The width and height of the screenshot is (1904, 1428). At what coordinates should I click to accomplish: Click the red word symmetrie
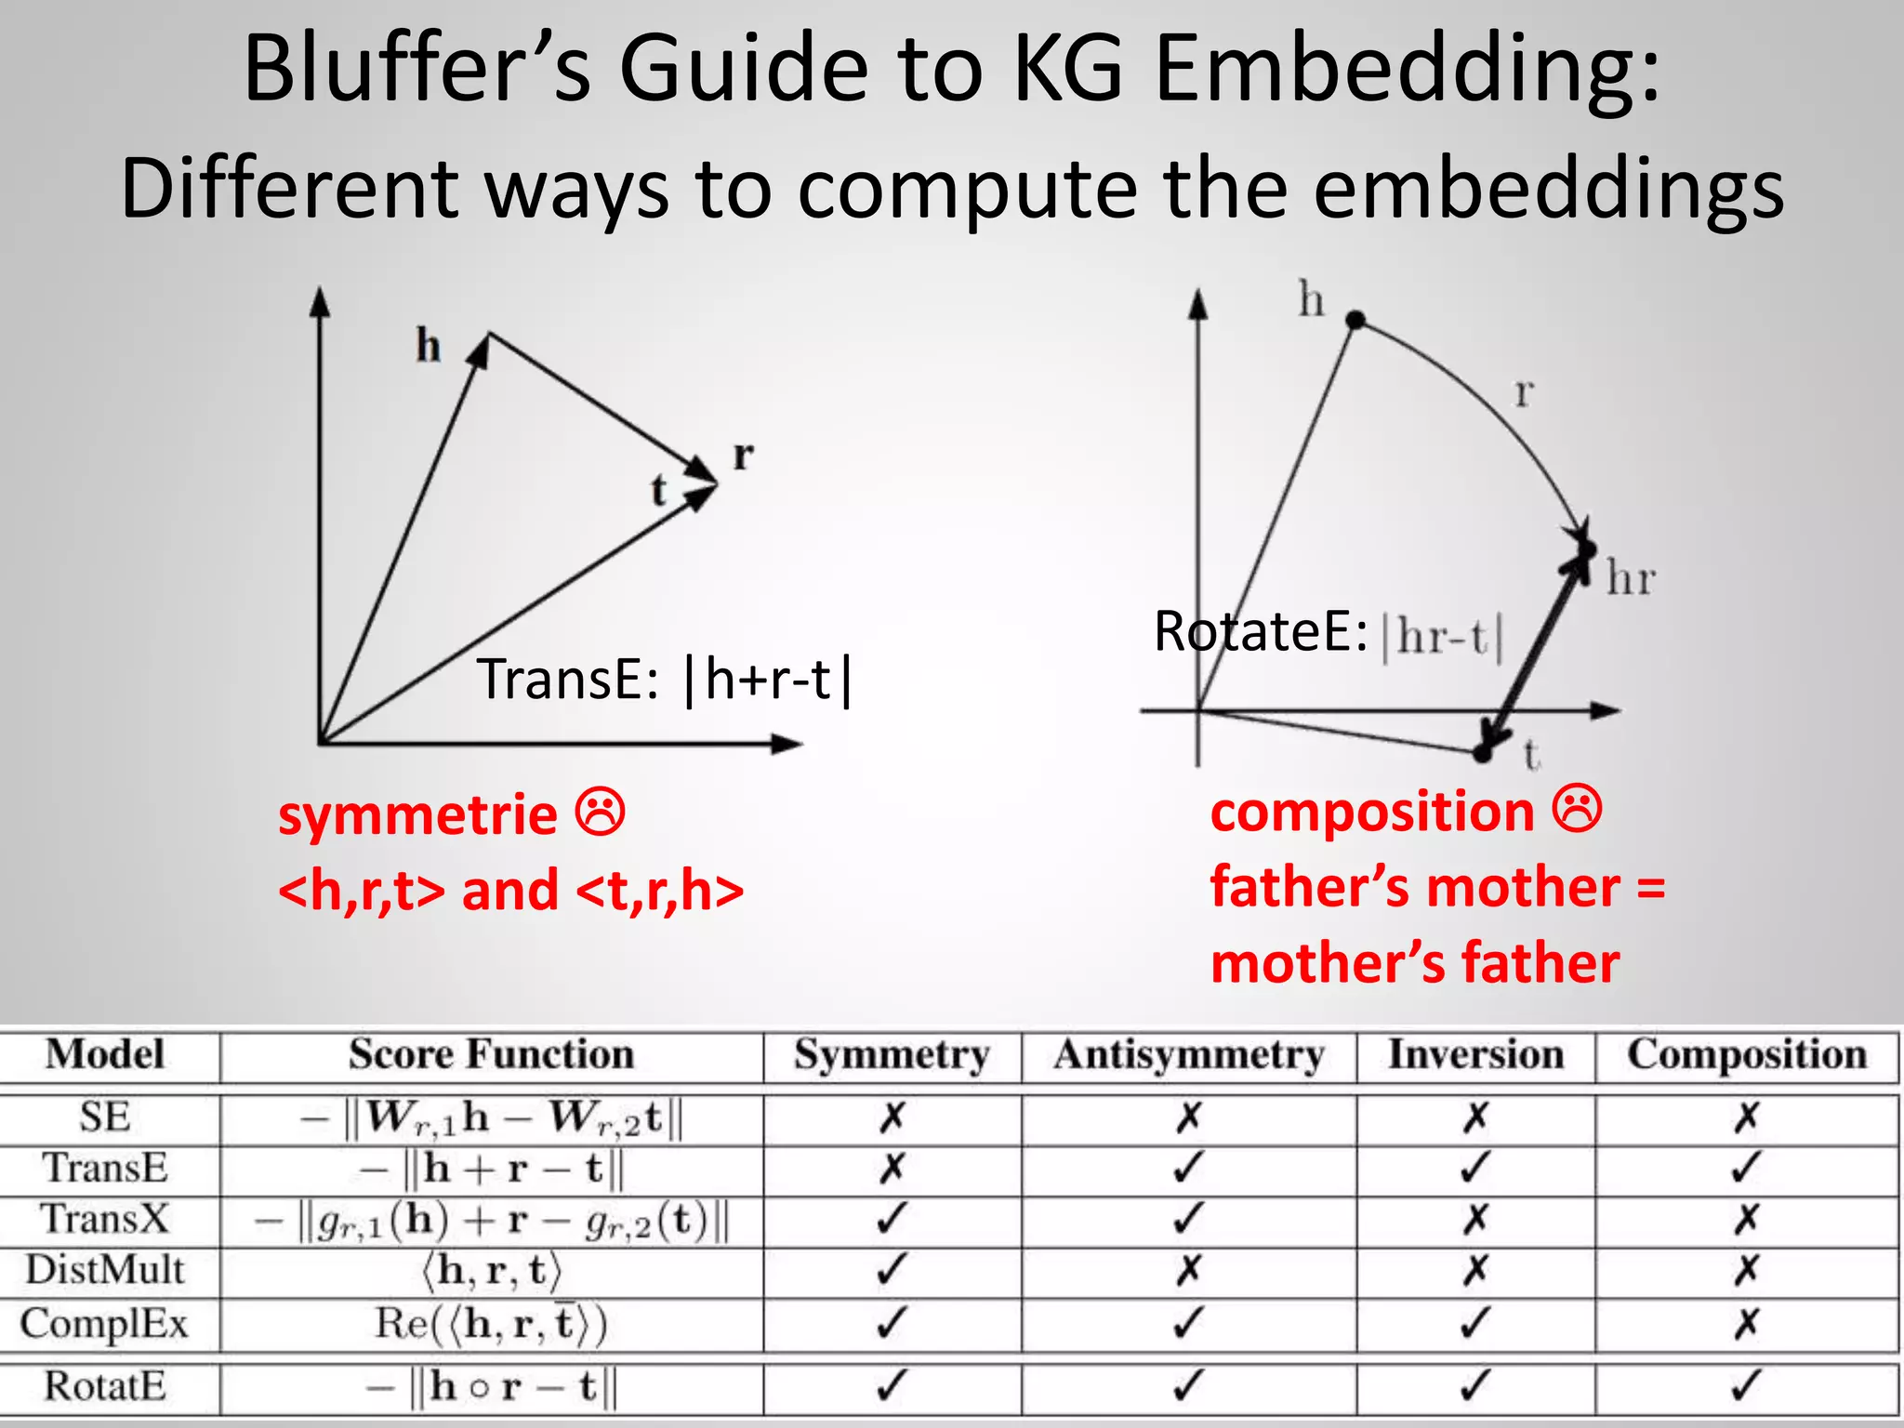point(417,816)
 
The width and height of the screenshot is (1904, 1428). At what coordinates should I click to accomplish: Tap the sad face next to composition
point(1578,810)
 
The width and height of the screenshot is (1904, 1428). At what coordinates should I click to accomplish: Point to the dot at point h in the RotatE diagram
point(1355,321)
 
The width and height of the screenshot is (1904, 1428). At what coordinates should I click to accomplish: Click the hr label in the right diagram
point(1631,579)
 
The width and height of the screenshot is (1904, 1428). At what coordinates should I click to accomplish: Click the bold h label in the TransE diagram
point(428,346)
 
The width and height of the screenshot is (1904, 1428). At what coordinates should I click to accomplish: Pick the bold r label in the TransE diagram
point(743,456)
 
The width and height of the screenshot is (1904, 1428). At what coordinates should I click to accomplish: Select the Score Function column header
point(491,1055)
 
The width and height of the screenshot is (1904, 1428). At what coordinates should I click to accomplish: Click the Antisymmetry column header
point(1188,1055)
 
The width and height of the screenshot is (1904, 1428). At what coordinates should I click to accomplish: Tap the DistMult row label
point(105,1270)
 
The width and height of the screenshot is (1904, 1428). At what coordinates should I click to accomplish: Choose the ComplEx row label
point(104,1323)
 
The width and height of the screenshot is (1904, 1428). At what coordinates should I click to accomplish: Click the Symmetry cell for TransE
point(891,1168)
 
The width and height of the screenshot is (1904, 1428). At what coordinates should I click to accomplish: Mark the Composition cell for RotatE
point(1746,1386)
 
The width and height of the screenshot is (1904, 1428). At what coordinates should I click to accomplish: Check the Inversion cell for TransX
point(1474,1219)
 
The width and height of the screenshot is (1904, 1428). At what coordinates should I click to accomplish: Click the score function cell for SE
point(491,1117)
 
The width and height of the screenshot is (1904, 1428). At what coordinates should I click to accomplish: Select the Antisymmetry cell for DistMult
point(1188,1270)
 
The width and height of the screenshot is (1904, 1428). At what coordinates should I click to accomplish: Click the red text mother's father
point(1415,963)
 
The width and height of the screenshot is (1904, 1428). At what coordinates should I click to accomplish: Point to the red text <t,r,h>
point(660,891)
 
